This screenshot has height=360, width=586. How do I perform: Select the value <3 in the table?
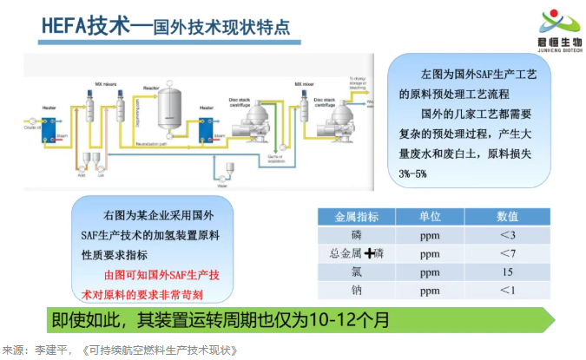pyautogui.click(x=507, y=235)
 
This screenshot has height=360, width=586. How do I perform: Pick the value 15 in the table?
pyautogui.click(x=507, y=272)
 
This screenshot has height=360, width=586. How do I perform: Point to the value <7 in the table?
pyautogui.click(x=507, y=253)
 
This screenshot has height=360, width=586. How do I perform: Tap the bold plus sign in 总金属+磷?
pyautogui.click(x=371, y=253)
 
